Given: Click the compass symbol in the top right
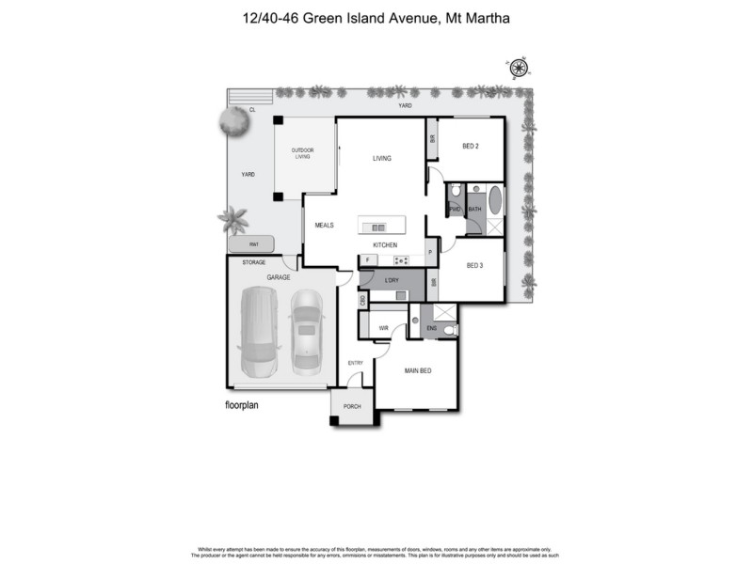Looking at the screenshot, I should pyautogui.click(x=519, y=68).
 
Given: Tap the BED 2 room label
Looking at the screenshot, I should pyautogui.click(x=471, y=146).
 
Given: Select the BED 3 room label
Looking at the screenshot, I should pyautogui.click(x=473, y=266).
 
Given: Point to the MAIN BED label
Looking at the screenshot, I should pyautogui.click(x=418, y=371).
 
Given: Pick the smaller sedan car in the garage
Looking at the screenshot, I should pyautogui.click(x=306, y=329).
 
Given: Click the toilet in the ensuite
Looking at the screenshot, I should pyautogui.click(x=450, y=330).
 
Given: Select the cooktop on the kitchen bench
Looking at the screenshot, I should pyautogui.click(x=400, y=260).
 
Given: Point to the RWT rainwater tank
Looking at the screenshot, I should pyautogui.click(x=251, y=243).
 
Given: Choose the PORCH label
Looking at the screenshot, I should pyautogui.click(x=352, y=406).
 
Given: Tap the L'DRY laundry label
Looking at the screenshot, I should pyautogui.click(x=392, y=280).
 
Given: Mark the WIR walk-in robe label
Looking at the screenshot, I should pyautogui.click(x=383, y=328).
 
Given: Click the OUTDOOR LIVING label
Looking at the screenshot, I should pyautogui.click(x=302, y=153).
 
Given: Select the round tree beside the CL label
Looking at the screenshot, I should pyautogui.click(x=232, y=120).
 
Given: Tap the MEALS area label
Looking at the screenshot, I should pyautogui.click(x=325, y=226).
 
